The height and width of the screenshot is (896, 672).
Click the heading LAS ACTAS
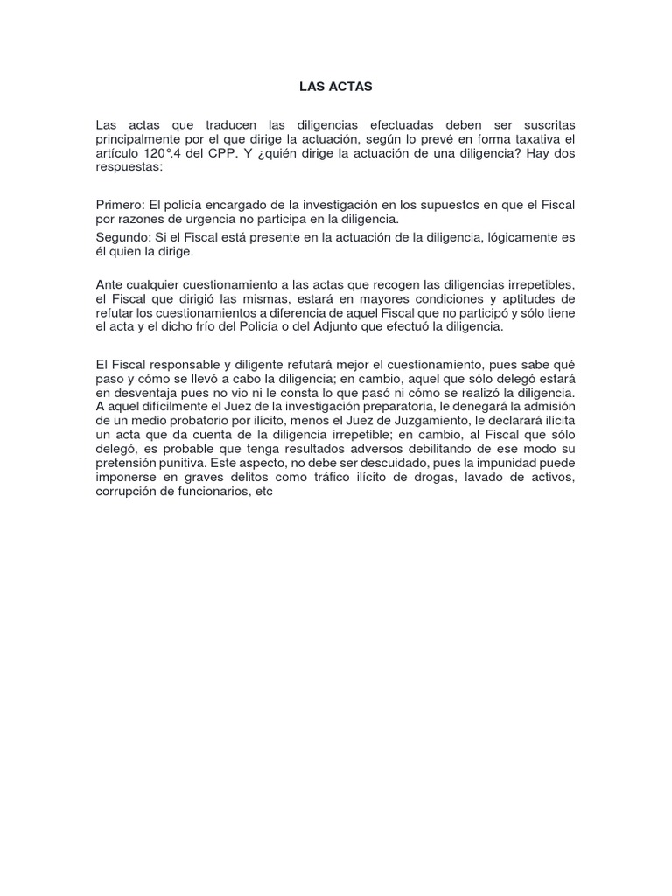(x=336, y=87)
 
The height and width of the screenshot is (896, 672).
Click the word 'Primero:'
(x=121, y=205)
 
